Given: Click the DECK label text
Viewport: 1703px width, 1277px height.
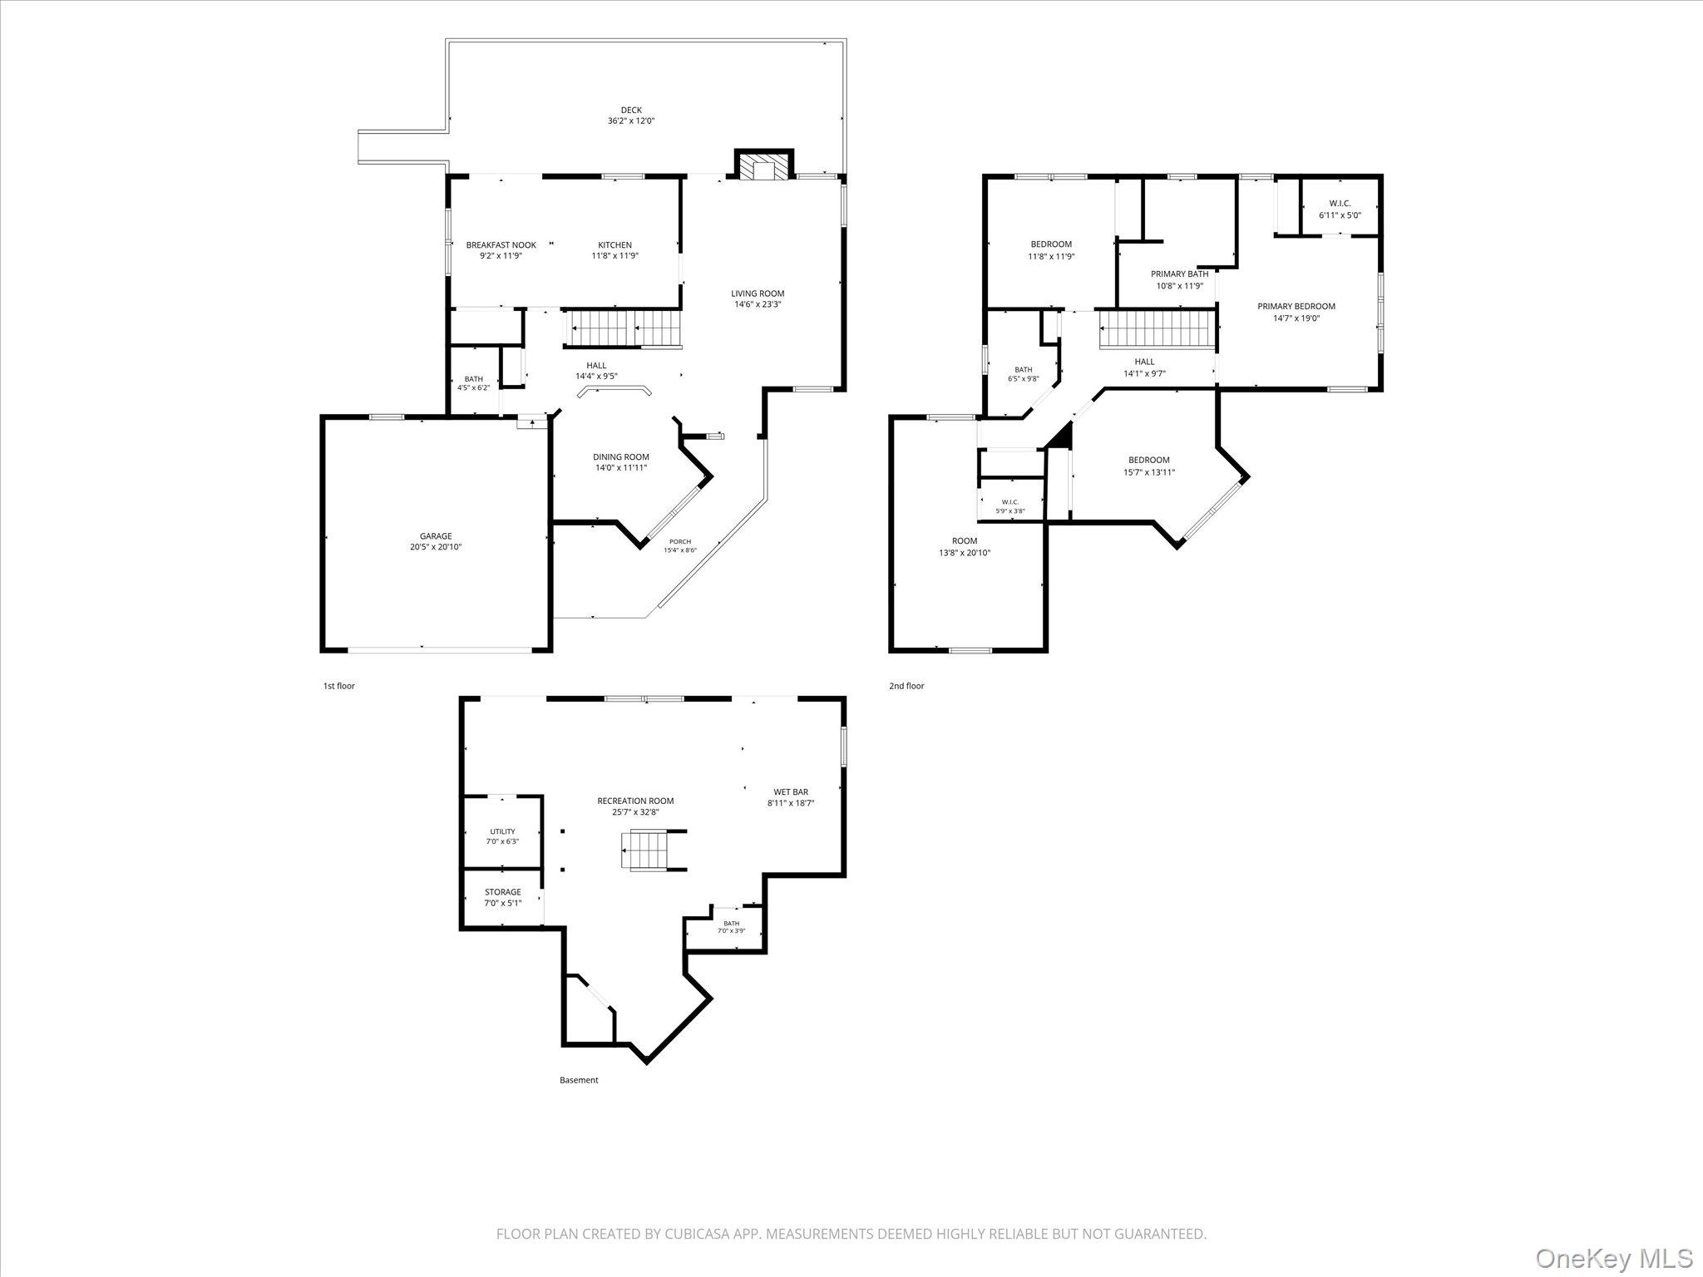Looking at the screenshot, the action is click(631, 110).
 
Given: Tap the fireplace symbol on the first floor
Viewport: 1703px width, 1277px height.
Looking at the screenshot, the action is click(763, 167).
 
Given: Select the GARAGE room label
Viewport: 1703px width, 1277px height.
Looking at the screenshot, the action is click(436, 536).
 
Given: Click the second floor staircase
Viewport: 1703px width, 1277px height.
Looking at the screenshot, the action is click(1158, 328).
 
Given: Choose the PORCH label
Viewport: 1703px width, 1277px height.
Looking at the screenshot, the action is click(680, 541).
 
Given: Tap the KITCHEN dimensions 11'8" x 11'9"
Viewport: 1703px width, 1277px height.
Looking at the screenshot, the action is click(615, 256).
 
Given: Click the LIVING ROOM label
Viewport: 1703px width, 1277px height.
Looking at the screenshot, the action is click(758, 293).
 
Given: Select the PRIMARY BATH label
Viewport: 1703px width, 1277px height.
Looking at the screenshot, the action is click(1180, 274).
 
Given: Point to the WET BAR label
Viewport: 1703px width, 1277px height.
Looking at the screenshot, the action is click(790, 792).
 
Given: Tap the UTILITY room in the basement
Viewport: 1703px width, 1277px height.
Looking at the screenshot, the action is click(502, 831).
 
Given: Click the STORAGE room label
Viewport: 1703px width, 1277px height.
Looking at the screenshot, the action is click(503, 892).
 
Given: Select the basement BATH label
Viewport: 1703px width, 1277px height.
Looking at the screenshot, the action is click(732, 924).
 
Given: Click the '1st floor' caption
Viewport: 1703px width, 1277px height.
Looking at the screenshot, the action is click(339, 686).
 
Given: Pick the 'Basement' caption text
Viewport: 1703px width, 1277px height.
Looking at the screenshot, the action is click(579, 1080).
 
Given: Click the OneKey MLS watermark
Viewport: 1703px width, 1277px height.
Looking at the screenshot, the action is click(1613, 1257).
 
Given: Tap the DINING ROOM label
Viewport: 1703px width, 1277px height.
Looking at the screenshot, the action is click(621, 457).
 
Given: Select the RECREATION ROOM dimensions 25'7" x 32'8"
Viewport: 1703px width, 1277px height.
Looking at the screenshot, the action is click(636, 812).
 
